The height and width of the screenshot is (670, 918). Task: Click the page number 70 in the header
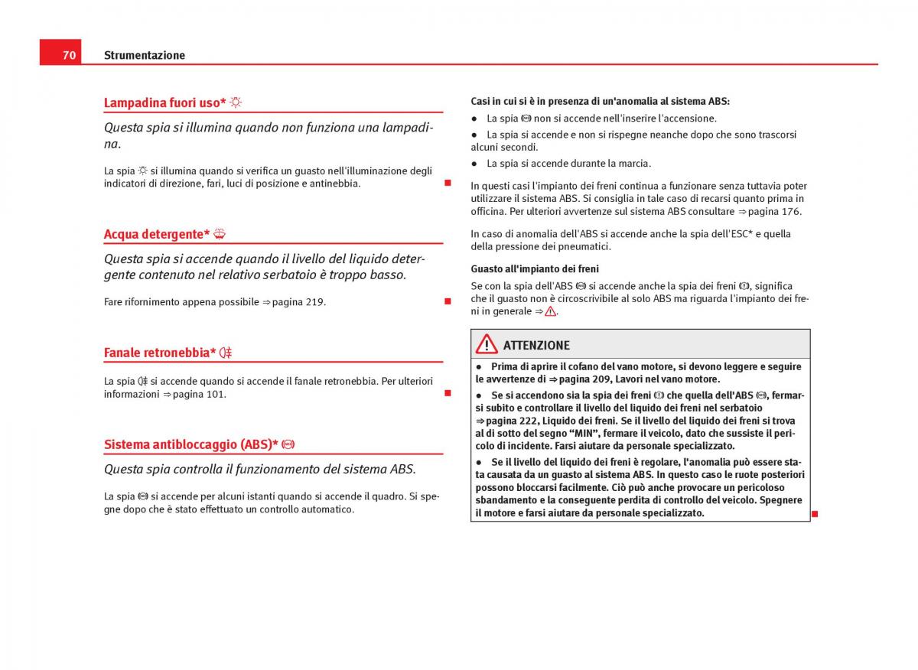[x=69, y=55]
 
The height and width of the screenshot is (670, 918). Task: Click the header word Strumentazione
[x=145, y=55]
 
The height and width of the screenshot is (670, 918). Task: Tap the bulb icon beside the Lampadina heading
[x=236, y=102]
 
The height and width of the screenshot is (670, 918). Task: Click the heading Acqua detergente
[x=157, y=234]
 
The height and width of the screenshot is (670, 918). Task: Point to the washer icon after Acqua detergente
[x=220, y=234]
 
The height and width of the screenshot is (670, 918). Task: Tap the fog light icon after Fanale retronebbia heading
[x=226, y=353]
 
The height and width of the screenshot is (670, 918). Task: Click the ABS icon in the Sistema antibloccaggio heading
[x=288, y=444]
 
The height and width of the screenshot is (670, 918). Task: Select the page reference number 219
[x=314, y=302]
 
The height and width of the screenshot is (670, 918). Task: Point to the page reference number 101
[x=215, y=395]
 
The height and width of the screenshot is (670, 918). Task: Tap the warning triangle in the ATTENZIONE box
[x=487, y=345]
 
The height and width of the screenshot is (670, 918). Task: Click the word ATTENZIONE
[x=536, y=346]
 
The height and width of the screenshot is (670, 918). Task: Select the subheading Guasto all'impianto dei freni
[x=535, y=269]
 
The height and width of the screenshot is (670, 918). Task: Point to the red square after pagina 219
[x=448, y=302]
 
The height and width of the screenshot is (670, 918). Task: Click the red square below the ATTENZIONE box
[x=815, y=513]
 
